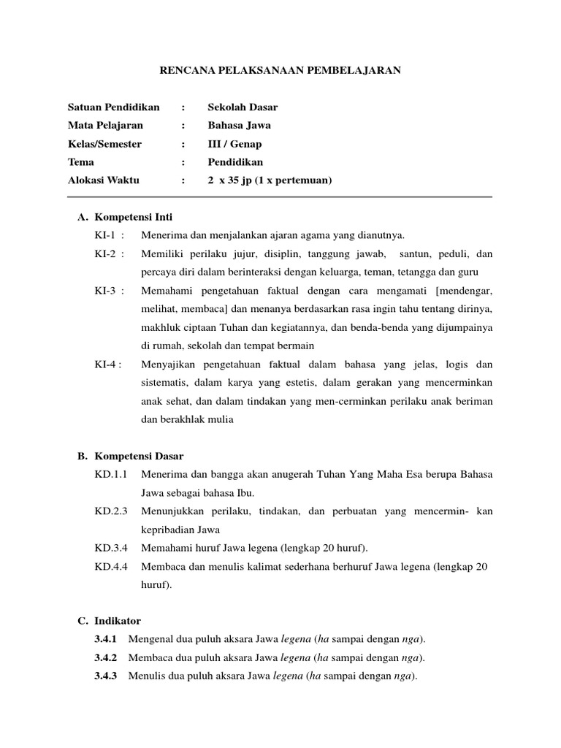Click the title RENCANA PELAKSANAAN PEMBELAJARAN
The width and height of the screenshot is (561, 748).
click(280, 71)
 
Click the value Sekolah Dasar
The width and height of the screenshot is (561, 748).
click(243, 107)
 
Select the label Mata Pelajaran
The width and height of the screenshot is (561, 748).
click(105, 126)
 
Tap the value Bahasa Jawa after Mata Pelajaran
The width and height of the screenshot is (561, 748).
click(239, 126)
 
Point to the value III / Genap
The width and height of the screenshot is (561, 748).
click(234, 144)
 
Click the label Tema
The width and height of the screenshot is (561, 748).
click(80, 162)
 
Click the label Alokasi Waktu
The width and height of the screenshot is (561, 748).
click(103, 180)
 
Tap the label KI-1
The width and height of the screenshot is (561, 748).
click(107, 235)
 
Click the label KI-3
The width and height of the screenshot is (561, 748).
click(107, 291)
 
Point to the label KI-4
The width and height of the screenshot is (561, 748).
click(107, 365)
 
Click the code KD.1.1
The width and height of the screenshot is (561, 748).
click(111, 475)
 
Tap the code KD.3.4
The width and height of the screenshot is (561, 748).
click(111, 548)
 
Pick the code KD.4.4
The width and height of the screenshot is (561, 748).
click(111, 567)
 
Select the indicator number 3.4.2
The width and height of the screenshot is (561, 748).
click(105, 658)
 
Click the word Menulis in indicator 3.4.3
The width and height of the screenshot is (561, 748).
click(145, 676)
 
